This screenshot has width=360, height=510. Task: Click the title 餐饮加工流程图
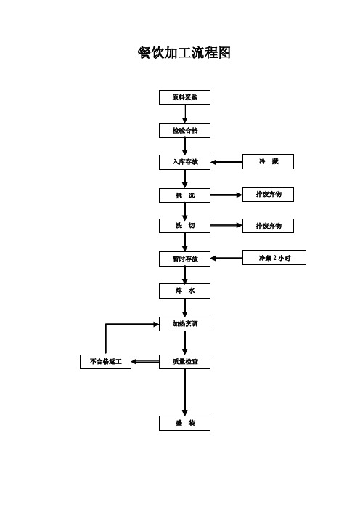pos(184,53)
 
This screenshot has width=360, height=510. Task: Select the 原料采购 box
pos(184,97)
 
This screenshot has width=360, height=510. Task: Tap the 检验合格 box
pos(184,131)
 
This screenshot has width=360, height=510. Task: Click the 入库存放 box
pos(184,162)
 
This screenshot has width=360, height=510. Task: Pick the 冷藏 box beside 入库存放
pos(268,162)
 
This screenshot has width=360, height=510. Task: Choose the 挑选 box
pos(184,195)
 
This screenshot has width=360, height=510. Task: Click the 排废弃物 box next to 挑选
pos(268,195)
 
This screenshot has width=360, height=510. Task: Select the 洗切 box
pos(184,226)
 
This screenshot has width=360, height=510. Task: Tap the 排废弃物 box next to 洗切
pos(268,226)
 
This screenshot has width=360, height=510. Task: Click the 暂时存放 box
pos(184,259)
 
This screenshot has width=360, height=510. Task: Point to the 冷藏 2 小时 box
pos(274,258)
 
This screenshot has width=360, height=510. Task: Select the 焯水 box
pos(184,291)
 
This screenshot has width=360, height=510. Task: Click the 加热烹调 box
pos(184,323)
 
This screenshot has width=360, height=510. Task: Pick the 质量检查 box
pos(184,361)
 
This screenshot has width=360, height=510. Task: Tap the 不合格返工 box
pos(105,361)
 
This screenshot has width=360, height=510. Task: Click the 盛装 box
pos(184,423)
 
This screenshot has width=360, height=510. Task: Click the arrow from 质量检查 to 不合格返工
pos(145,361)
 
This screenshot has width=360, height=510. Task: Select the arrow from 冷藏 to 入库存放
pos(226,162)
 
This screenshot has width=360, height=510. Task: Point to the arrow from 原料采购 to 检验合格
pos(184,114)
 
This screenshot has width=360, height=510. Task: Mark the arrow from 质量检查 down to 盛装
pos(184,392)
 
